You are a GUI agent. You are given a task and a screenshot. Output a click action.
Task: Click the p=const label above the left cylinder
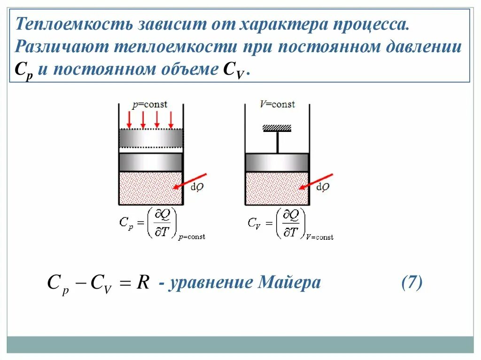tap(149, 104)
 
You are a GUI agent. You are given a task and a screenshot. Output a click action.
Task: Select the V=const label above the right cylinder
tap(277, 104)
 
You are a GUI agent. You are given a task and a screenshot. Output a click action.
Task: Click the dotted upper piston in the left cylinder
tap(150, 138)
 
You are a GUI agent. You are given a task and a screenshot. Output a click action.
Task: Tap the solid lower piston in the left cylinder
tap(150, 162)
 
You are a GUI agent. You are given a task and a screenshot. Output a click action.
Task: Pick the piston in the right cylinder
tap(277, 162)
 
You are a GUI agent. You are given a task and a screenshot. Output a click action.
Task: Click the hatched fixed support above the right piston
tap(277, 128)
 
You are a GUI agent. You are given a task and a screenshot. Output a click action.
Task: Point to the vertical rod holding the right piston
tap(277, 142)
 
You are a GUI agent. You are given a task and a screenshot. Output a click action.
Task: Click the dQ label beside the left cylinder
tap(197, 187)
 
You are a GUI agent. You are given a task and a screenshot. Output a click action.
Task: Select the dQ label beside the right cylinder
tap(323, 187)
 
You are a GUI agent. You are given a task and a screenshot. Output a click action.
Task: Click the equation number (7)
tap(411, 283)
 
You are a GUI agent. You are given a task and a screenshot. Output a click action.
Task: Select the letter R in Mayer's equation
tap(143, 283)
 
